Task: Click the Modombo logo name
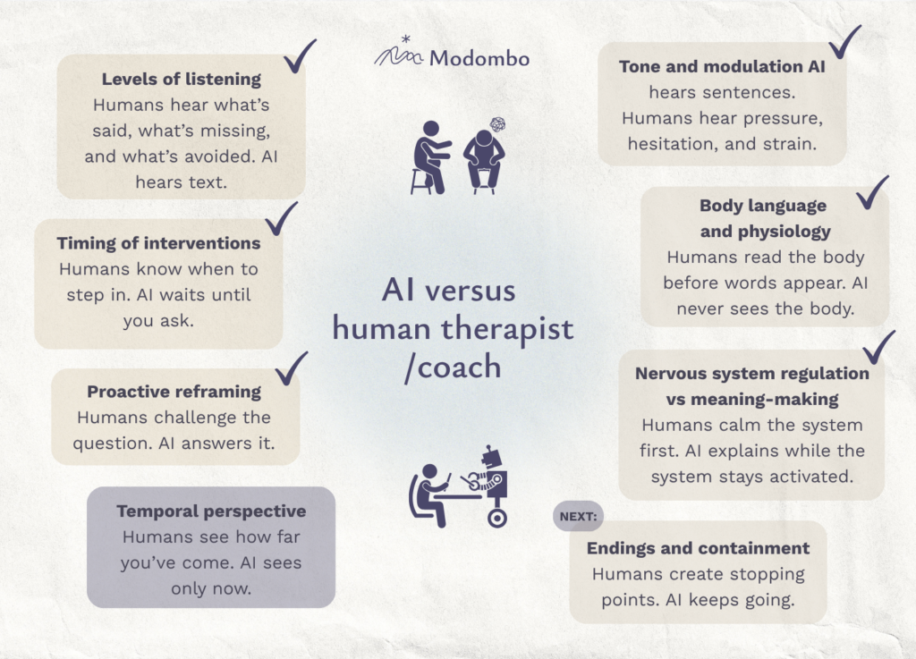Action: tap(479, 58)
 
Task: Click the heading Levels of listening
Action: tap(181, 79)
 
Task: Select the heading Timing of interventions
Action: tap(158, 243)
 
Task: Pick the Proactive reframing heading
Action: tap(174, 392)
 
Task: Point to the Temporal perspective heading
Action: tap(211, 511)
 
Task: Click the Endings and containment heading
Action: tap(698, 548)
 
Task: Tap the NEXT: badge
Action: tap(579, 516)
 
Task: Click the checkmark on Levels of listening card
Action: tap(300, 56)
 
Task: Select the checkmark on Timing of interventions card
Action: tap(282, 219)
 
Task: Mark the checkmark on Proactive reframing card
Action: tap(291, 368)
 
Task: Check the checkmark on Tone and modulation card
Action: tap(844, 42)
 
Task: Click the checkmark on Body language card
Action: tap(872, 192)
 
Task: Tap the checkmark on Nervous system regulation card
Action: tap(878, 347)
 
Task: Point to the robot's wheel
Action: tap(497, 518)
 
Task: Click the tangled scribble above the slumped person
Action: tap(497, 123)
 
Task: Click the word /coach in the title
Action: tap(454, 368)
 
